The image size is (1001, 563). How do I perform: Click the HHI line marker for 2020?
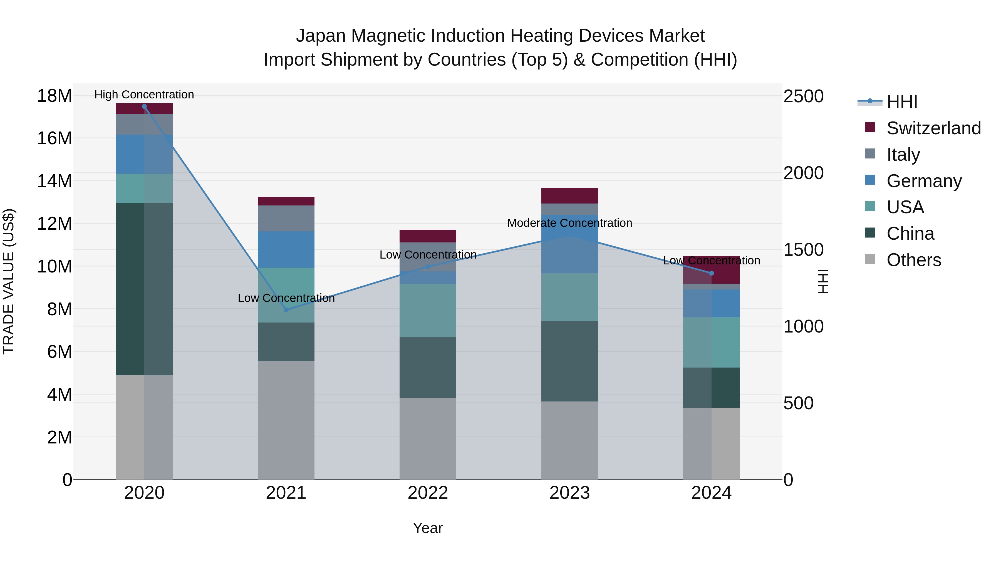[144, 106]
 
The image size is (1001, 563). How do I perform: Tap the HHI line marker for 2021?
[286, 310]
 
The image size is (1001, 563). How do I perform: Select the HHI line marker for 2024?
[712, 273]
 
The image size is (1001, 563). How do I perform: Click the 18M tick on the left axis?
[54, 96]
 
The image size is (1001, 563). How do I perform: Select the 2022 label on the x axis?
[428, 493]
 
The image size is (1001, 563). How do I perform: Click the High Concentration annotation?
[144, 95]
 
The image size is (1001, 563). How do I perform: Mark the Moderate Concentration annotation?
[570, 223]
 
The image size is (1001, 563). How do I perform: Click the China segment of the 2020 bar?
[144, 289]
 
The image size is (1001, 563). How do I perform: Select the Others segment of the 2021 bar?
[286, 420]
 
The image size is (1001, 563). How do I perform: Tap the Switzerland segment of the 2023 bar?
[570, 196]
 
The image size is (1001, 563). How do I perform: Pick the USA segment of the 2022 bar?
[428, 311]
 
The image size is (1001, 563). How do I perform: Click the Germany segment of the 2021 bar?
[286, 249]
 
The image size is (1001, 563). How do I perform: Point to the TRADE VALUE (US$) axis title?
[9, 281]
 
